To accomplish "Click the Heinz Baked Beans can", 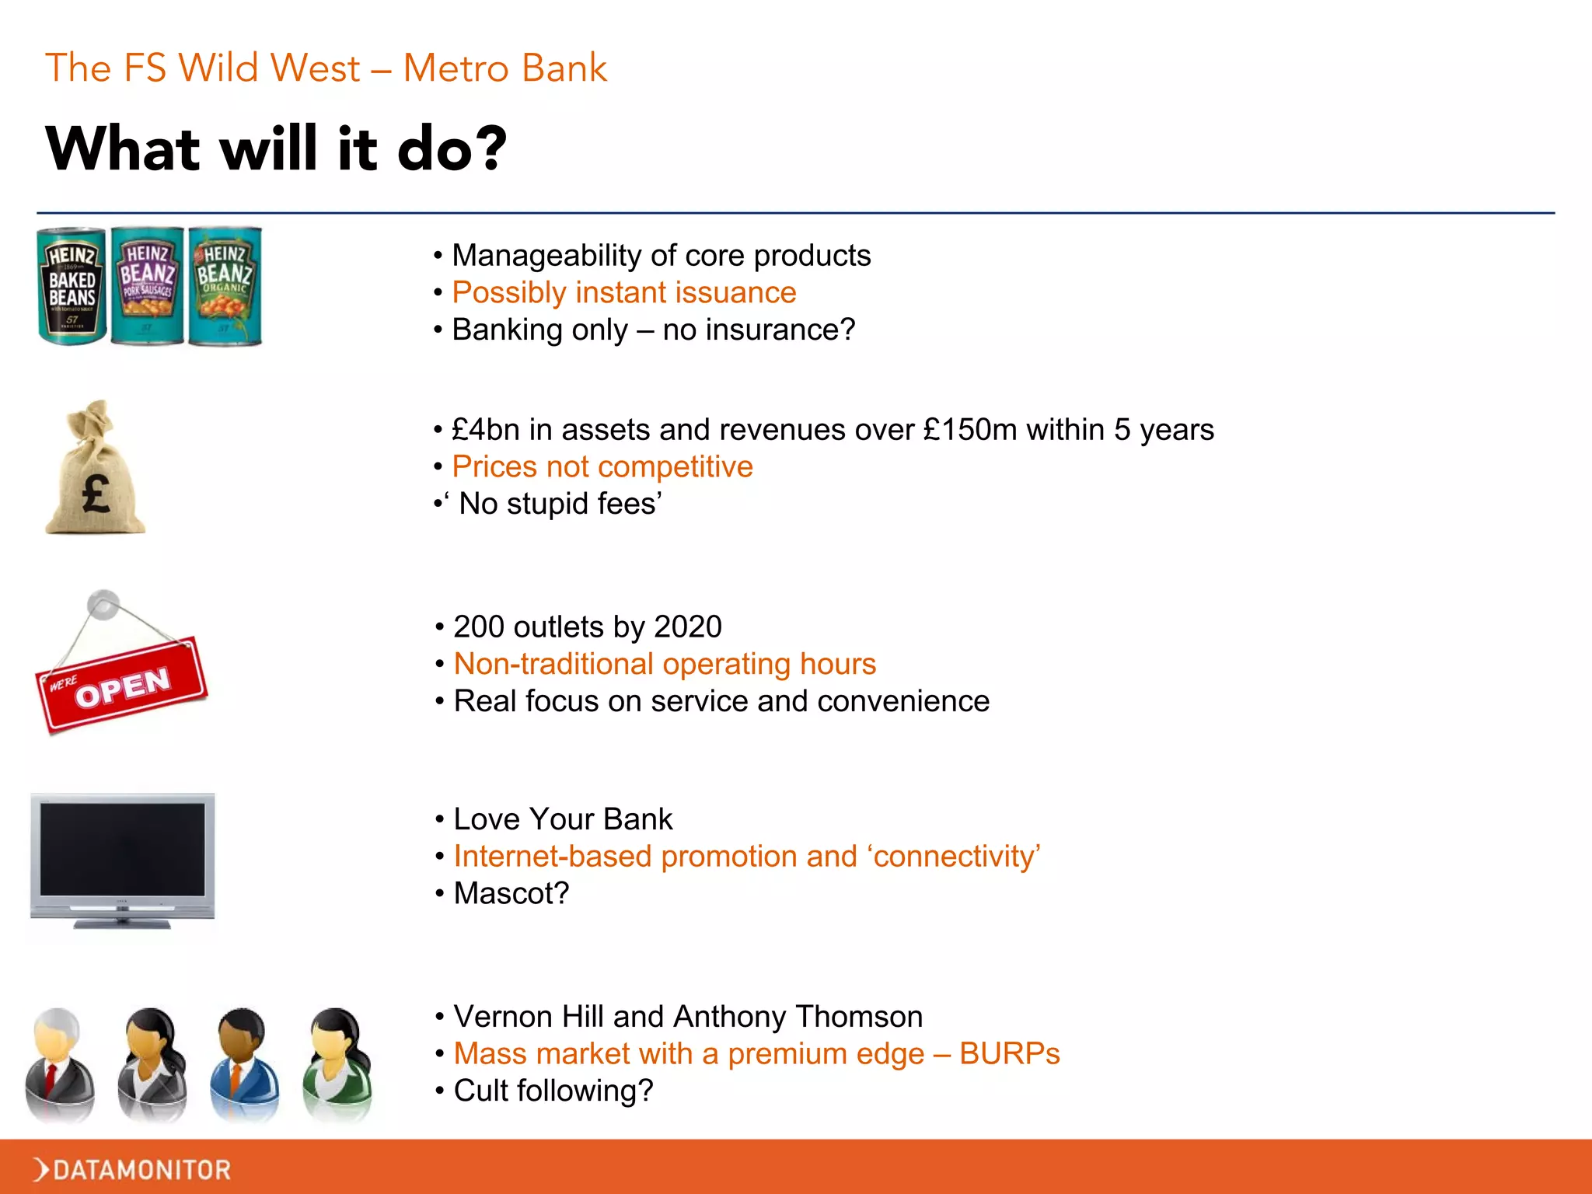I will coord(72,286).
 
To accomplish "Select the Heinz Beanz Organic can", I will coord(225,286).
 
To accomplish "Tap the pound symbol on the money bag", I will coord(96,494).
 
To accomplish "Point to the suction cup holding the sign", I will coord(103,605).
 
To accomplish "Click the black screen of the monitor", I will coord(123,849).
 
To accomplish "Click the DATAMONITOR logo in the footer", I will coord(132,1169).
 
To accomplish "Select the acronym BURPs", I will coord(1009,1054).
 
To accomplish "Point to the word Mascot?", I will coord(511,893).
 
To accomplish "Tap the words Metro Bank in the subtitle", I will coord(505,68).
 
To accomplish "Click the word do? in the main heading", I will coord(451,149).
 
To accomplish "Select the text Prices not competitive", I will coord(602,467).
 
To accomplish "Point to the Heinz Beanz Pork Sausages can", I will coord(148,286).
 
